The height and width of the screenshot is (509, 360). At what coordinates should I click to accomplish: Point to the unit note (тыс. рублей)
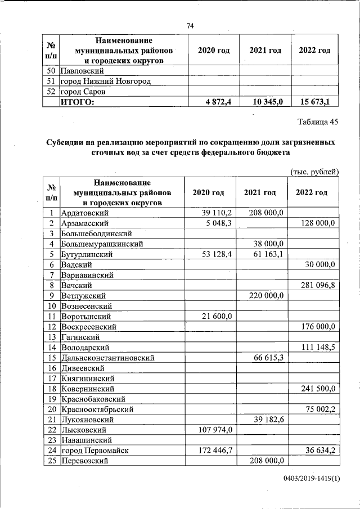(x=314, y=172)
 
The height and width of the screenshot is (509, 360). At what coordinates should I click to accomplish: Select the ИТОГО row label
(x=78, y=102)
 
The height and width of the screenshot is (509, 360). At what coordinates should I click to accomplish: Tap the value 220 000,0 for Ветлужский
(x=265, y=295)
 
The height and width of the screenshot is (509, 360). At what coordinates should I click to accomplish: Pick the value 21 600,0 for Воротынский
(x=214, y=316)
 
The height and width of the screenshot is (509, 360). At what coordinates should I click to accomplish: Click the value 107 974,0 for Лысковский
(x=212, y=430)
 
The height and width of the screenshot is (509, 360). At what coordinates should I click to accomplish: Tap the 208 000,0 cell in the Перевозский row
(x=265, y=461)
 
